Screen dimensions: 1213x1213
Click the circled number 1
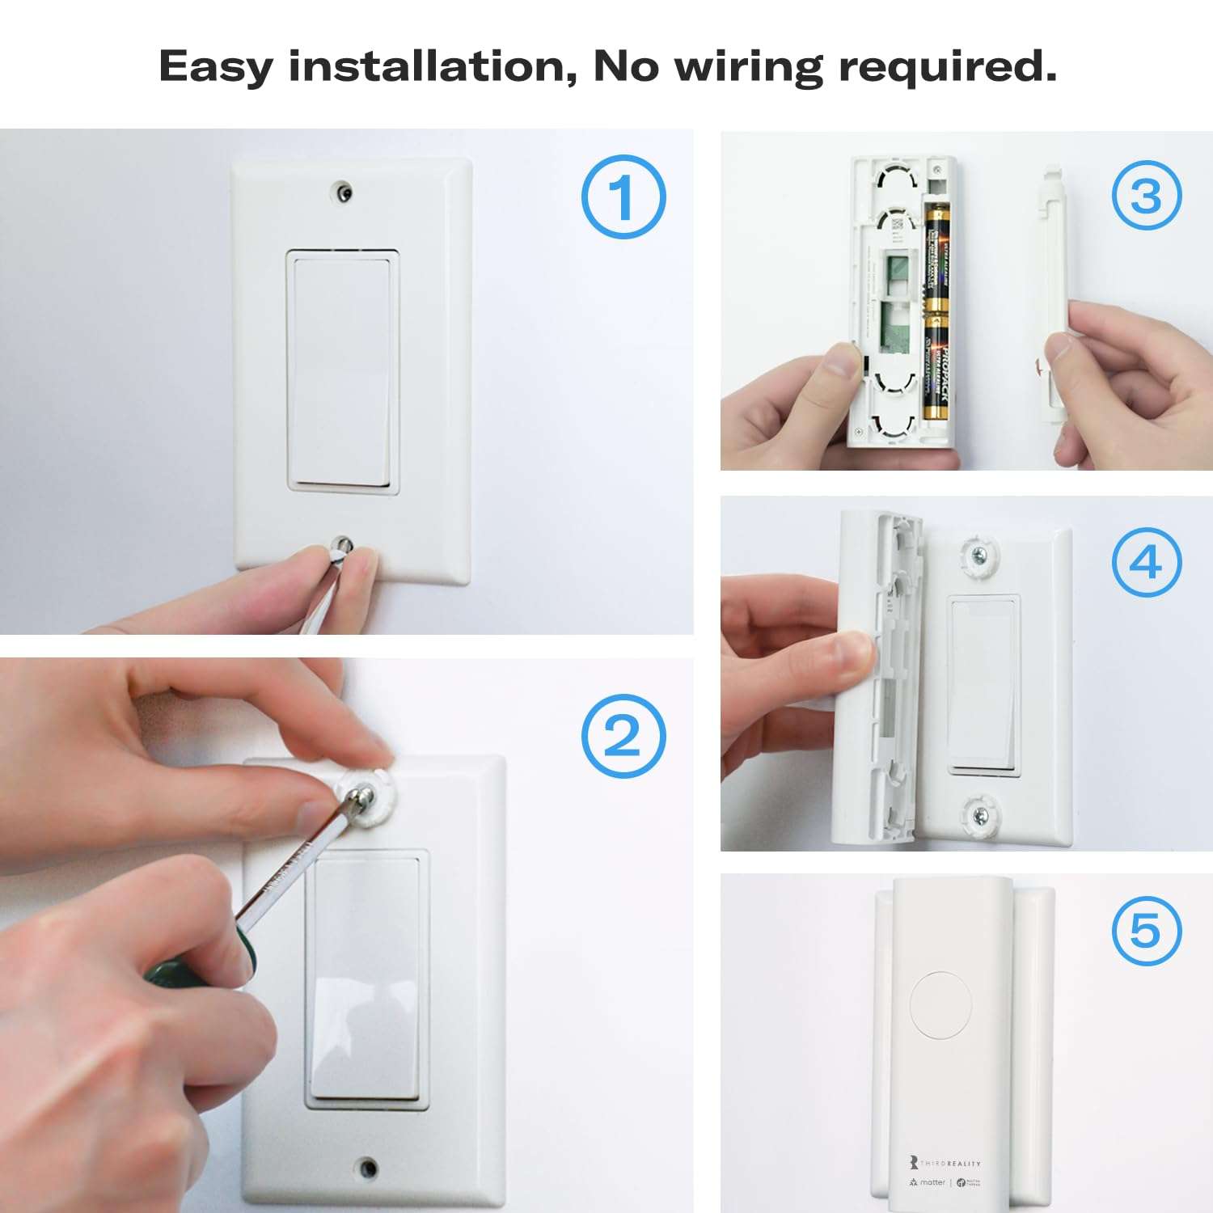point(623,197)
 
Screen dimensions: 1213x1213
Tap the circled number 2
point(623,737)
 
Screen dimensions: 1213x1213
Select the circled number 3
point(1146,196)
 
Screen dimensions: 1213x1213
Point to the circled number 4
point(1146,563)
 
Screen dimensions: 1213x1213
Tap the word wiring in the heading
point(748,66)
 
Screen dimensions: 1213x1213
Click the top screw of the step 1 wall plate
point(344,192)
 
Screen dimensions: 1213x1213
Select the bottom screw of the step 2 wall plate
point(368,1167)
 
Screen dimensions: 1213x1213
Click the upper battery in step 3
point(936,257)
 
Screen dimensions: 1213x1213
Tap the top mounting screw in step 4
point(979,555)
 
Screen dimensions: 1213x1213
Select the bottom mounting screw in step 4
point(979,814)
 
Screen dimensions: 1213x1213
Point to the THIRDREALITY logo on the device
point(945,1163)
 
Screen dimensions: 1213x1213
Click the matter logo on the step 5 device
point(927,1182)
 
